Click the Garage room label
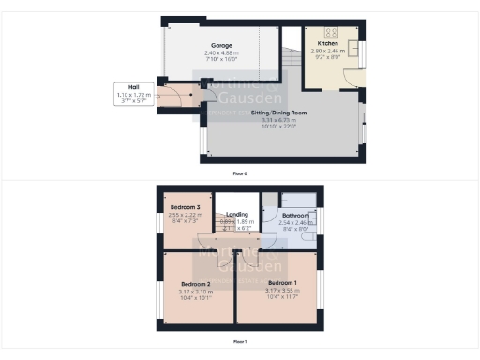pyautogui.click(x=221, y=45)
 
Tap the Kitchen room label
pyautogui.click(x=328, y=44)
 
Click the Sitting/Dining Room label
pyautogui.click(x=278, y=112)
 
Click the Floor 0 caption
pyautogui.click(x=240, y=173)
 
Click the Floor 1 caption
pyautogui.click(x=240, y=341)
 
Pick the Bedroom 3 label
pyautogui.click(x=185, y=207)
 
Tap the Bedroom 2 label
pyautogui.click(x=196, y=284)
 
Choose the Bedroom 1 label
pyautogui.click(x=281, y=283)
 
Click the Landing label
pyautogui.click(x=237, y=215)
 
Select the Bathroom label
pyautogui.click(x=296, y=216)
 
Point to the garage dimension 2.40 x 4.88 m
pyautogui.click(x=221, y=52)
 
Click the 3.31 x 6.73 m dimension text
pyautogui.click(x=278, y=119)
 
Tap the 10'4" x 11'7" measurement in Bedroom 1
pyautogui.click(x=281, y=297)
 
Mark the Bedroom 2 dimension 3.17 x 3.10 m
pyautogui.click(x=196, y=291)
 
